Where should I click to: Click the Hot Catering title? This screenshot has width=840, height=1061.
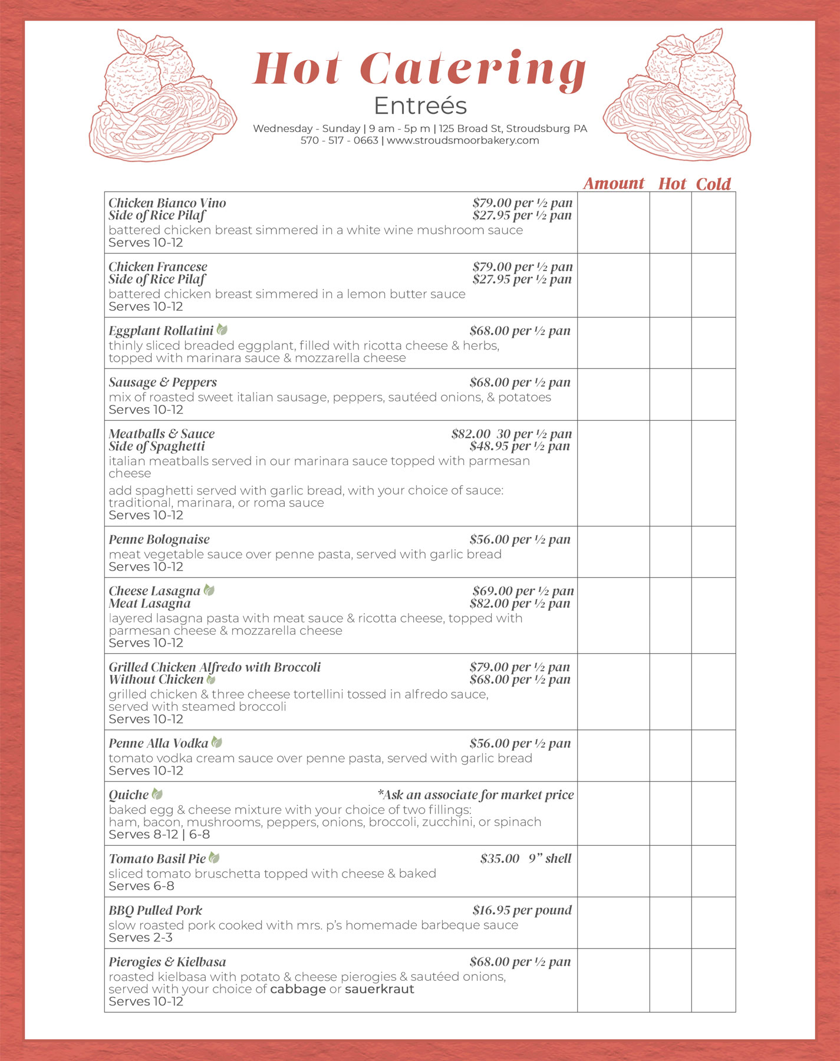[x=420, y=70]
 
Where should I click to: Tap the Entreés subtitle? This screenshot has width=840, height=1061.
[x=420, y=106]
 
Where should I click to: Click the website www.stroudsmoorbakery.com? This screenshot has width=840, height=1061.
[x=463, y=141]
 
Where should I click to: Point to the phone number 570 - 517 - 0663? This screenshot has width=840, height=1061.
[x=339, y=141]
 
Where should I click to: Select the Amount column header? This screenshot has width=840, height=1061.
[x=614, y=183]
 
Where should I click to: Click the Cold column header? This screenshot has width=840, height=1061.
[x=713, y=184]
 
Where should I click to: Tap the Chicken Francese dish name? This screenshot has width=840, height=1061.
[x=158, y=267]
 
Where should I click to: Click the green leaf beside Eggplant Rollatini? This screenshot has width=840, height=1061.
[x=222, y=330]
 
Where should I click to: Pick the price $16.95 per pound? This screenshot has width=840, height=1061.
[x=522, y=910]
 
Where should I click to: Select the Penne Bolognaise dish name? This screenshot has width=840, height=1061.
[x=159, y=539]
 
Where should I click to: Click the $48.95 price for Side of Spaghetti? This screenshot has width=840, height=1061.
[x=519, y=446]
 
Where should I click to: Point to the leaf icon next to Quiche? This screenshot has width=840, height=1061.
[x=157, y=795]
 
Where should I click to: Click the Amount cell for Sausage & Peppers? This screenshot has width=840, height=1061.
[x=613, y=394]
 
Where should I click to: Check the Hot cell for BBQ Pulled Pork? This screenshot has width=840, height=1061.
[x=670, y=922]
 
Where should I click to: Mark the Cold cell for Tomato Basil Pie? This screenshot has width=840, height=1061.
[x=713, y=871]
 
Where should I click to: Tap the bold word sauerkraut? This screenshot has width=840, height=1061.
[x=379, y=989]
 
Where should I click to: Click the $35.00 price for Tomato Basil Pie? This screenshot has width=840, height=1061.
[x=500, y=859]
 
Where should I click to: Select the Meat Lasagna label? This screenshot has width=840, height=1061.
[x=150, y=604]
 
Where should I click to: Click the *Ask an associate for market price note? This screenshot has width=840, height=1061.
[x=475, y=795]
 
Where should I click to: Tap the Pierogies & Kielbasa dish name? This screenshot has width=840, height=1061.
[x=167, y=962]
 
